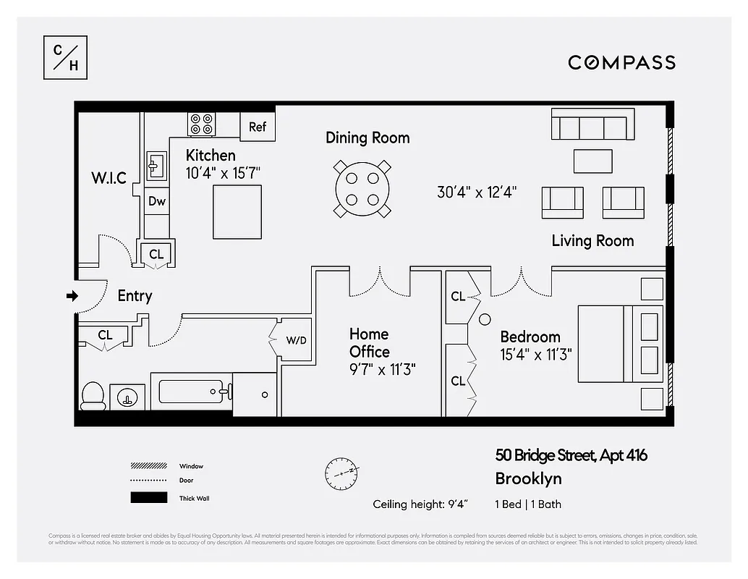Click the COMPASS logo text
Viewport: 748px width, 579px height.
[x=621, y=62]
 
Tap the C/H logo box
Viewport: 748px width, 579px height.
[x=66, y=57]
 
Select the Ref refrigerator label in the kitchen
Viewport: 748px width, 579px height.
[x=258, y=127]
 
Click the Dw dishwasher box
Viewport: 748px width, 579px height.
[x=157, y=202]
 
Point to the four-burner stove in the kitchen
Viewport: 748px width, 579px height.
[x=202, y=124]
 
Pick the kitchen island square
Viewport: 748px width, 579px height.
[x=237, y=212]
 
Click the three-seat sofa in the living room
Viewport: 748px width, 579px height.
[x=592, y=124]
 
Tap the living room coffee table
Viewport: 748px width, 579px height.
[x=592, y=161]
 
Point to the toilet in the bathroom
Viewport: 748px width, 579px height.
[x=92, y=395]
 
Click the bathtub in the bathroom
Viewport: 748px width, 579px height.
[x=191, y=392]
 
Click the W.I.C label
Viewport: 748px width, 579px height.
[x=109, y=178]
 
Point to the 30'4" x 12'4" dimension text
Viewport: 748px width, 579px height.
[x=476, y=193]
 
